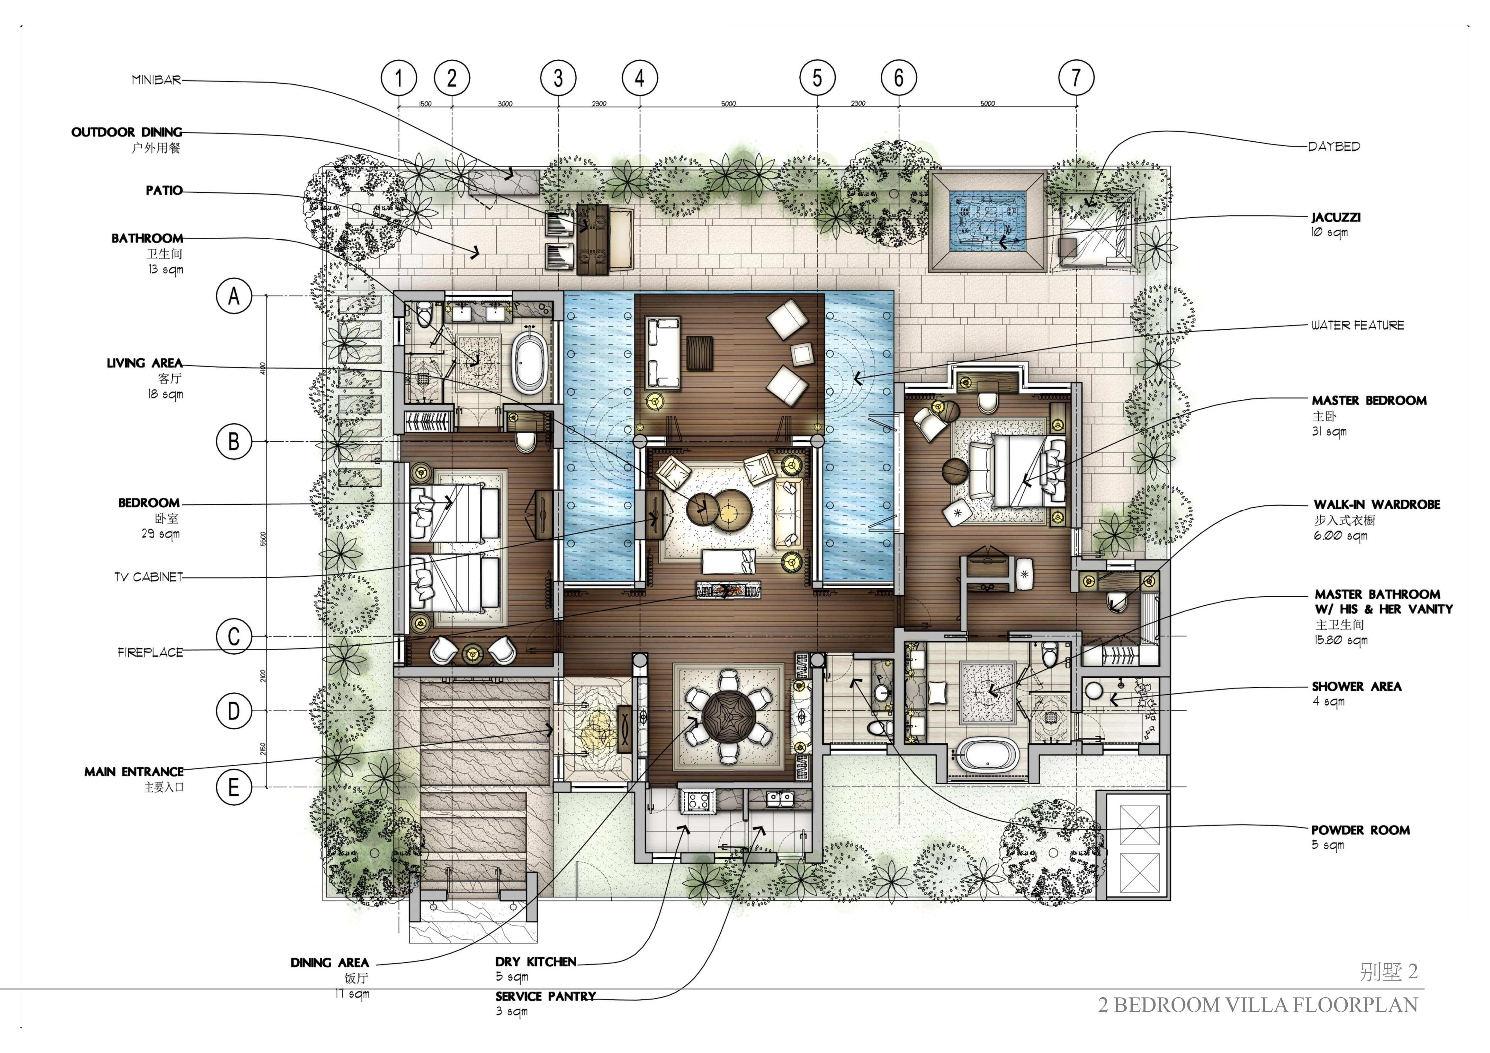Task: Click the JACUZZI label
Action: click(1336, 217)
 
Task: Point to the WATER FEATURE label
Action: click(1357, 325)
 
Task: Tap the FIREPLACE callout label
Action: click(150, 652)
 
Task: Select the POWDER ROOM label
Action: click(1360, 830)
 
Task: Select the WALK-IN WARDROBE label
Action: click(1376, 504)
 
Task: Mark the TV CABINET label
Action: click(149, 577)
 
